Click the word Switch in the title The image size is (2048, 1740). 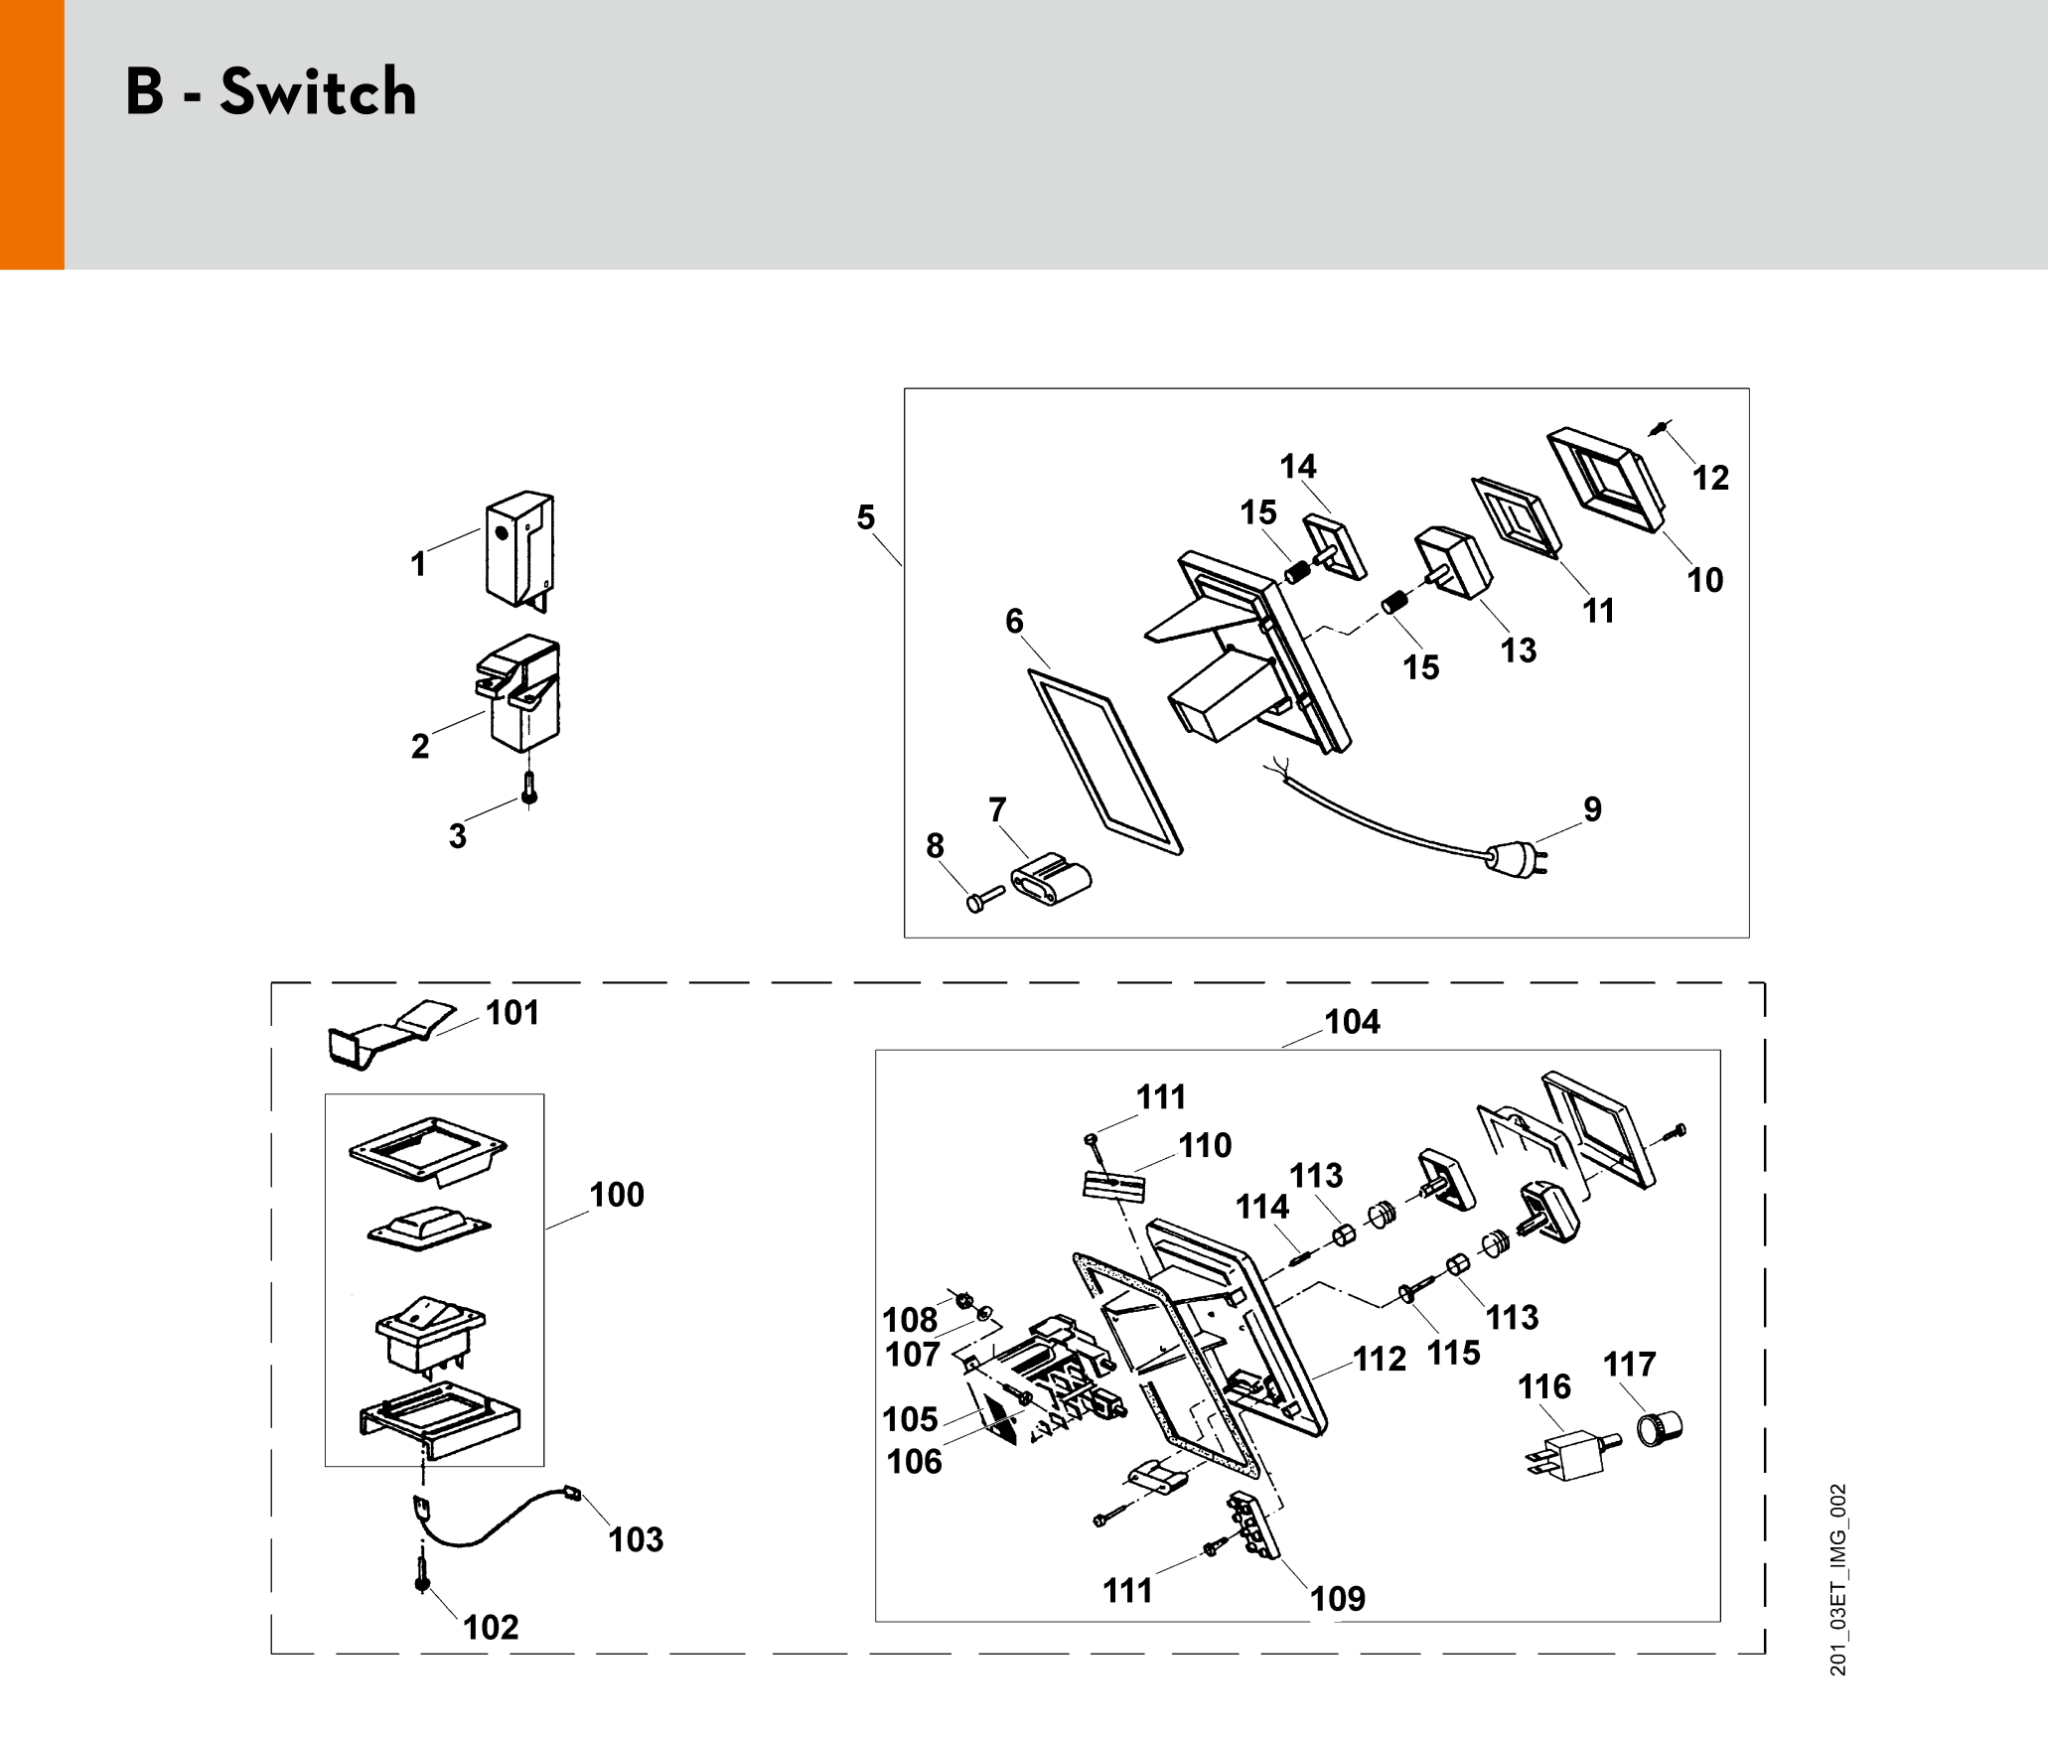[318, 91]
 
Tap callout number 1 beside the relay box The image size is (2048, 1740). [418, 564]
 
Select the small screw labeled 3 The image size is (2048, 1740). [529, 790]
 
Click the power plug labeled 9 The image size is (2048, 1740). [1517, 859]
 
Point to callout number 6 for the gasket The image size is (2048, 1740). [1014, 622]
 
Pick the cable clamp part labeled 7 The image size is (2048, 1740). [1051, 878]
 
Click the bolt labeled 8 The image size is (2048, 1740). [984, 899]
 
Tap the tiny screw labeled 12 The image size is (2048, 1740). [1660, 427]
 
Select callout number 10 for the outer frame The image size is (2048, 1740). [1705, 580]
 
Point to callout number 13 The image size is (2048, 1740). [1519, 651]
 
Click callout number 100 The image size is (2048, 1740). [617, 1195]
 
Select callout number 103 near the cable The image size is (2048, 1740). [636, 1539]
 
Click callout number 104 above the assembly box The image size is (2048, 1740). [1352, 1022]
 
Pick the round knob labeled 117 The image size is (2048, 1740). [1659, 1428]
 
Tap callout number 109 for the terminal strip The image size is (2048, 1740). [1338, 1599]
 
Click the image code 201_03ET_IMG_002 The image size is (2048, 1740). [1838, 1580]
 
